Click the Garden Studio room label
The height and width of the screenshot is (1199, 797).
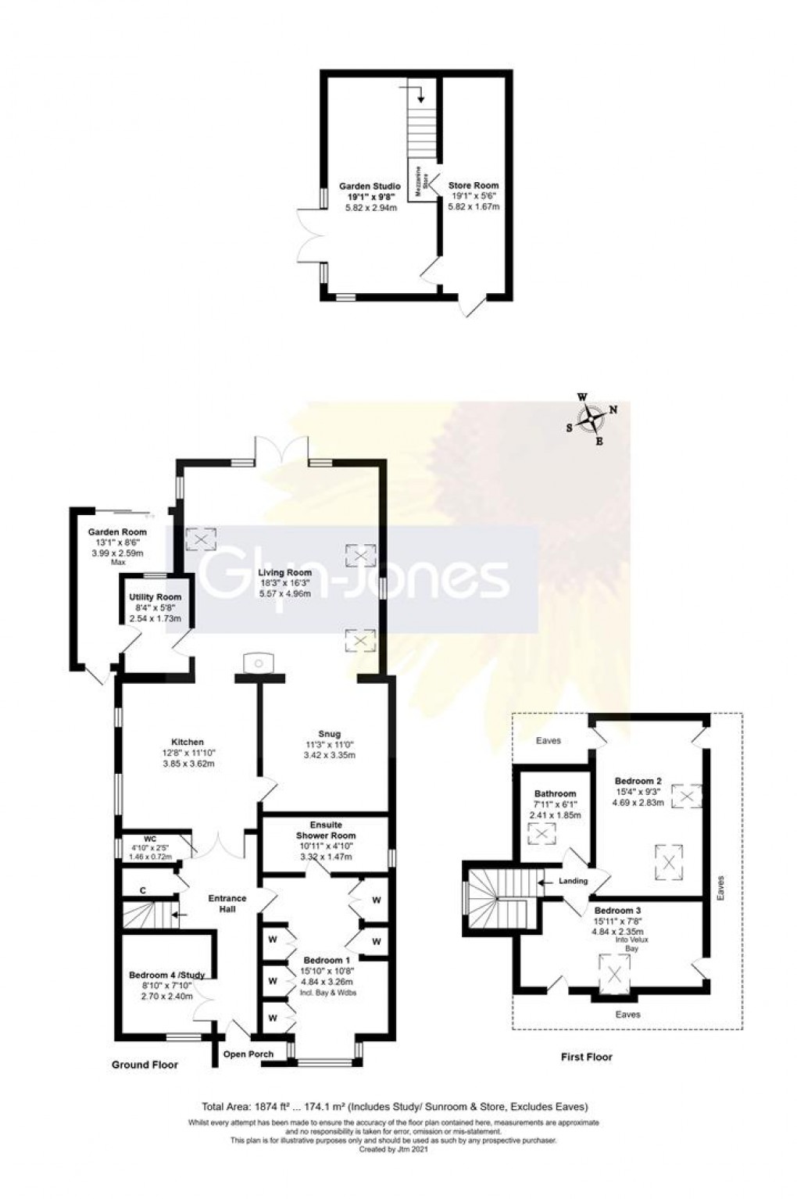click(x=369, y=186)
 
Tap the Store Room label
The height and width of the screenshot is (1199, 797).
click(x=473, y=186)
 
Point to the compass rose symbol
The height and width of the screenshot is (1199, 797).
click(x=595, y=420)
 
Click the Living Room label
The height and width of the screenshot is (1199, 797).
click(x=285, y=572)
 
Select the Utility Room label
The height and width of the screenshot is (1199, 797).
click(x=155, y=597)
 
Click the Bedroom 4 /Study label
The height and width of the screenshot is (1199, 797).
click(x=166, y=975)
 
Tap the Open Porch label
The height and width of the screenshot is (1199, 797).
click(x=248, y=1054)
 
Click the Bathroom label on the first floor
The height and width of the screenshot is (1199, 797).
click(x=555, y=793)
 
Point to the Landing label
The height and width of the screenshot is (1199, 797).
click(x=573, y=882)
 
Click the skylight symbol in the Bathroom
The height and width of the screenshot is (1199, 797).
click(x=541, y=834)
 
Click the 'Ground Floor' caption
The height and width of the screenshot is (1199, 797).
click(x=145, y=1065)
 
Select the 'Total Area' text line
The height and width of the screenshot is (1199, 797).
click(x=395, y=1106)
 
